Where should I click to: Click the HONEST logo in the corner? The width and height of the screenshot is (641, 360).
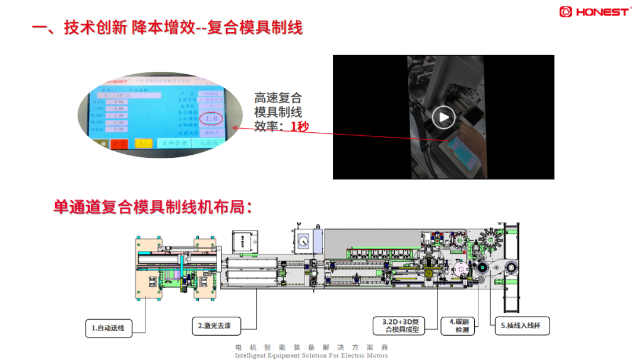(595, 11)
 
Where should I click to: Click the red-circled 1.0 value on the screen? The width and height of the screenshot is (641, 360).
(212, 119)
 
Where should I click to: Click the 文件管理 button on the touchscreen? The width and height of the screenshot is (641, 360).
(174, 144)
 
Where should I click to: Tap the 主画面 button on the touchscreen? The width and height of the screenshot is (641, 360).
(208, 143)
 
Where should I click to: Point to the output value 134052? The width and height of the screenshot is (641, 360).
(211, 94)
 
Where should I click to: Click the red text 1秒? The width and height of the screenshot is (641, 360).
(300, 126)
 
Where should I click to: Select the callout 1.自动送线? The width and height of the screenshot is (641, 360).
(107, 327)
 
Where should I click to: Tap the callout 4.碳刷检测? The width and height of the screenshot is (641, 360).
(458, 325)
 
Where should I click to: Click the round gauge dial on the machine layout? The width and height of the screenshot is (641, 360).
(305, 241)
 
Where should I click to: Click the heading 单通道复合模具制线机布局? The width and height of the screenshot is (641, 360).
(153, 207)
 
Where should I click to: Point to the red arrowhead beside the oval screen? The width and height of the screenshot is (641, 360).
(236, 127)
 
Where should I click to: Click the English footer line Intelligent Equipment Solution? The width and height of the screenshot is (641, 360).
(311, 355)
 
